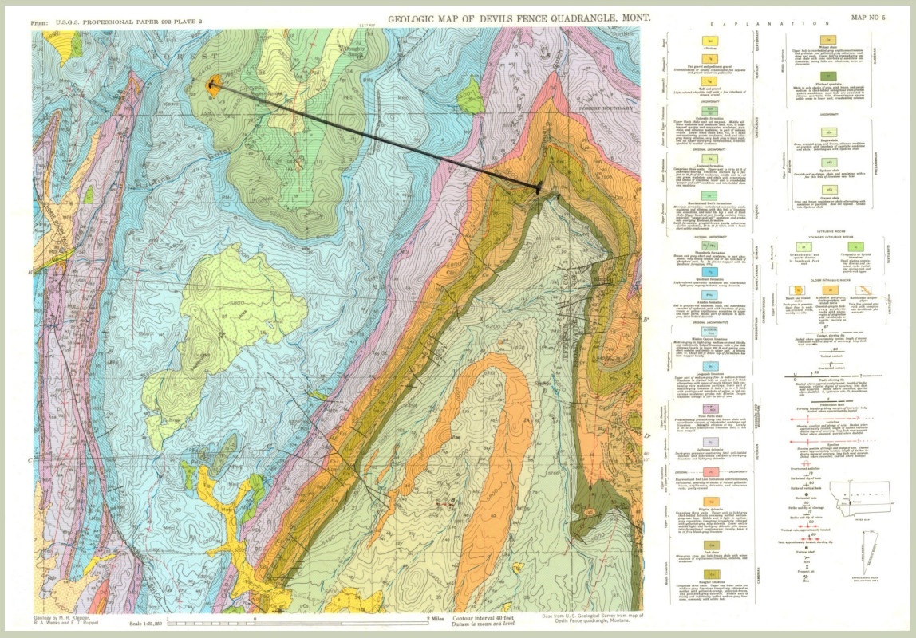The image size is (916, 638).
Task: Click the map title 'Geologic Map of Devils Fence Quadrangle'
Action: pos(519,18)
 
